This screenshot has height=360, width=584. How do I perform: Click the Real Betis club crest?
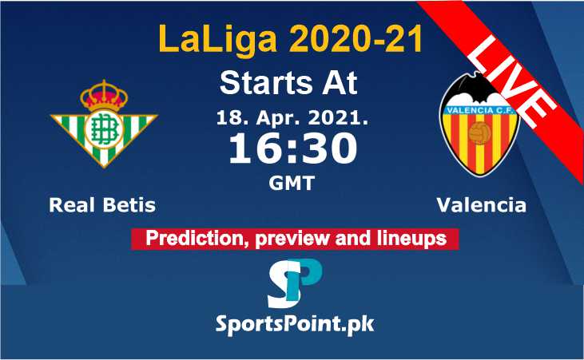coord(104,124)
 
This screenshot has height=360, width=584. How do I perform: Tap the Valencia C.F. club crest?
coord(479,124)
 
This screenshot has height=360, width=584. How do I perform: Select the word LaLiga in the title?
coord(218,39)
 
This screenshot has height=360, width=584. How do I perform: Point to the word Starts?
coord(266,83)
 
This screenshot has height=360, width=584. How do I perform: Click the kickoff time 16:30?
coord(292,148)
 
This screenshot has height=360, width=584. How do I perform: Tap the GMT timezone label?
coord(292,183)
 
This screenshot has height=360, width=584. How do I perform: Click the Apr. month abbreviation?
coord(277,119)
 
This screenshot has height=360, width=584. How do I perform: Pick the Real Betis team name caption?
coord(102,205)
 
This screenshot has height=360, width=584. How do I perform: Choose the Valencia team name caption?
coord(481,205)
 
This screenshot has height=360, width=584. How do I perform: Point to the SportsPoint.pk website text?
coord(295,325)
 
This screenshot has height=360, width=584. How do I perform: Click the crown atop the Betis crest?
coord(104,95)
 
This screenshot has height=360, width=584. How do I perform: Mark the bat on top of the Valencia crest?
coord(479,88)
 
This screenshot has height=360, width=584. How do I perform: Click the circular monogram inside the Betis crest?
coord(104,129)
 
